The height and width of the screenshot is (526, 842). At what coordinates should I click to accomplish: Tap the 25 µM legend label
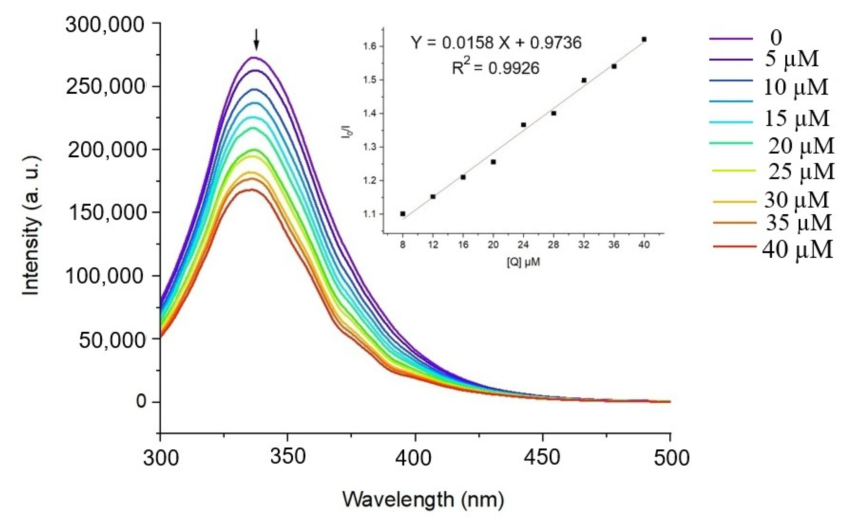[x=801, y=172]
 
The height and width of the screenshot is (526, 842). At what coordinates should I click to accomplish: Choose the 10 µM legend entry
[x=796, y=87]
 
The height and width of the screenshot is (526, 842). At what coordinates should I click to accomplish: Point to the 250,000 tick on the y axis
[x=104, y=86]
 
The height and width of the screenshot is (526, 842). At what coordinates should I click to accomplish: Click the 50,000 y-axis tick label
[x=111, y=340]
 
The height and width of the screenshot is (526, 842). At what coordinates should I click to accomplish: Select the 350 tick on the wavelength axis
[x=288, y=456]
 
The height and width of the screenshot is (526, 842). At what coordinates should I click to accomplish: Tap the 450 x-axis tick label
[x=543, y=457]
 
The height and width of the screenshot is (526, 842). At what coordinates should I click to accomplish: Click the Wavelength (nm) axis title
[x=423, y=499]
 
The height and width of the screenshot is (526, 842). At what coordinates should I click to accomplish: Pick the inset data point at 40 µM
[x=644, y=39]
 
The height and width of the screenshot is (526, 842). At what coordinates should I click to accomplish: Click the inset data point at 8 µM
[x=402, y=214]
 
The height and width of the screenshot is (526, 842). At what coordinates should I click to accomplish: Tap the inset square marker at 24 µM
[x=523, y=125]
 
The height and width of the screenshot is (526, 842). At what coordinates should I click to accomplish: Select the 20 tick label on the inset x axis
[x=493, y=245]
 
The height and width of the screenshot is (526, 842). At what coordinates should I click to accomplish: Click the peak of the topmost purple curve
[x=255, y=58]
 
